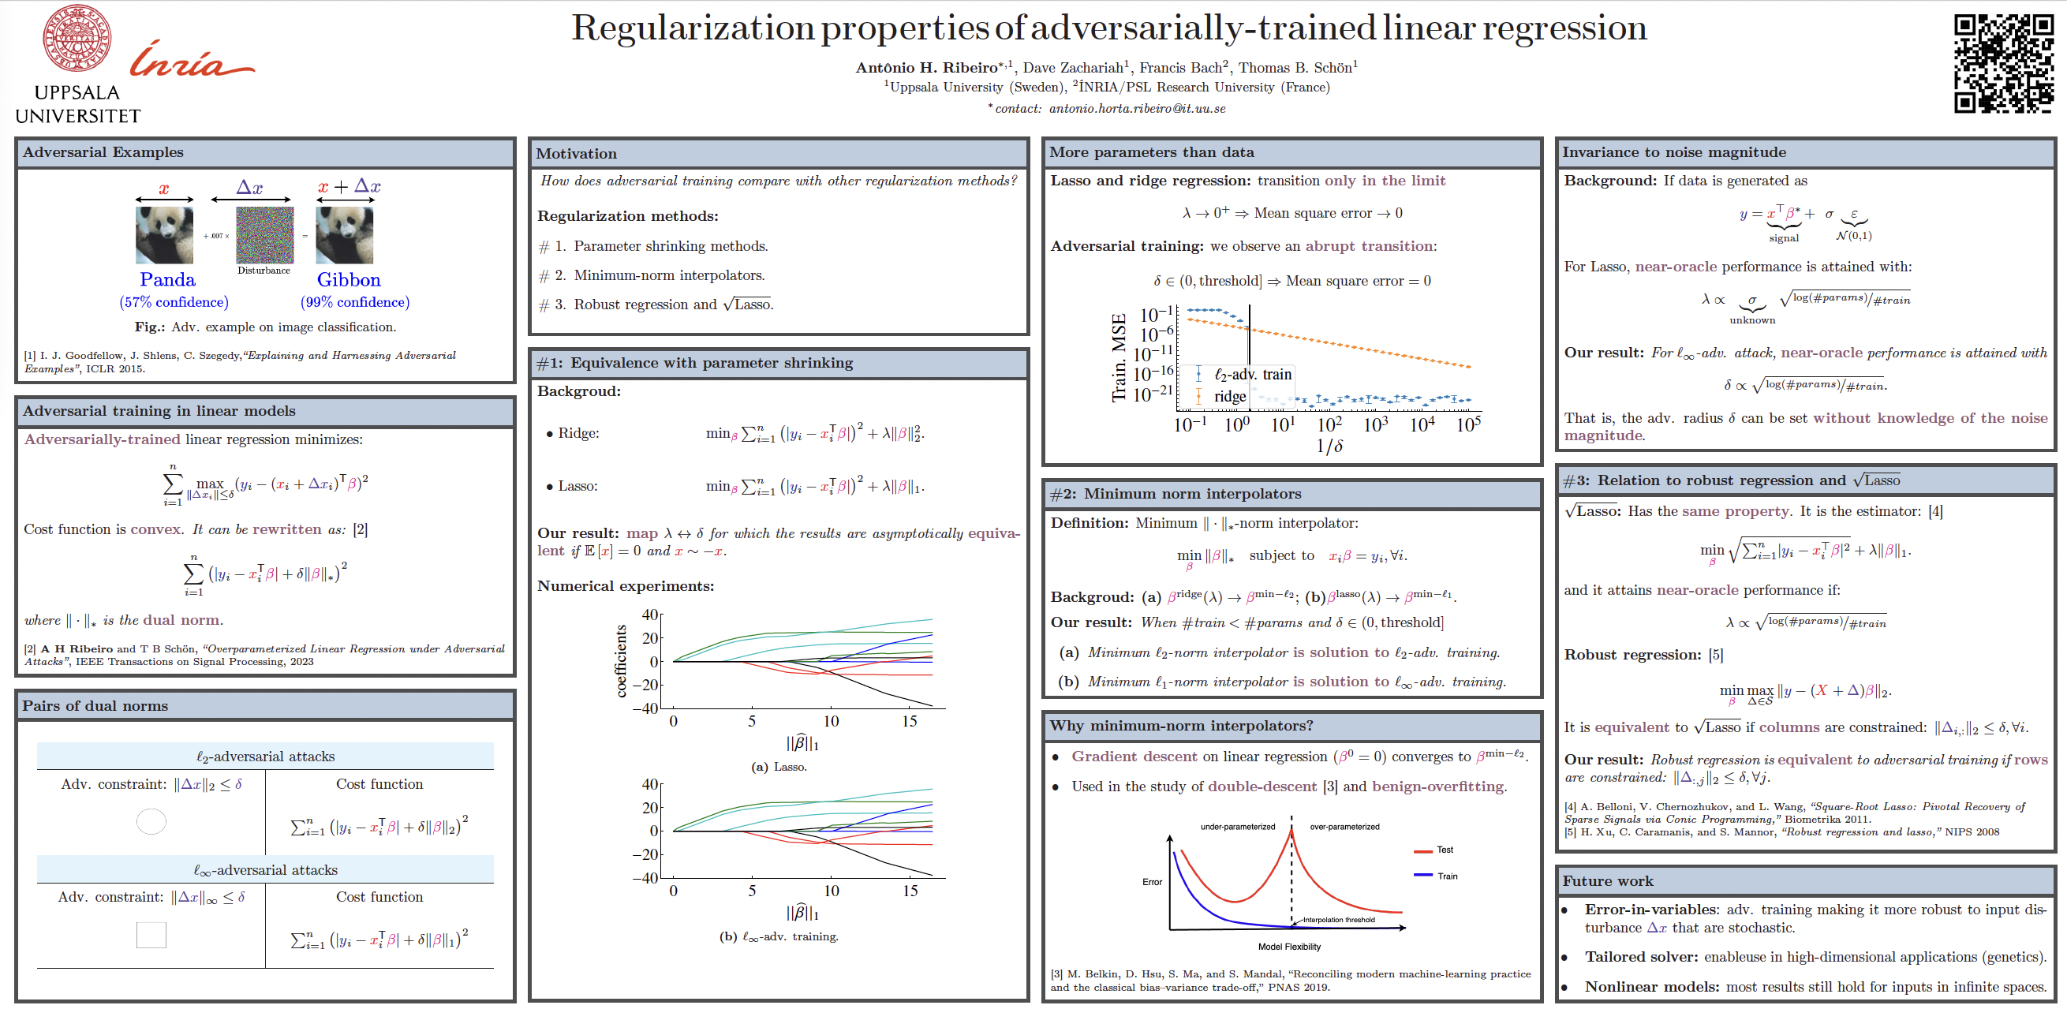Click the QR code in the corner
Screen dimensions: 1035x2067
click(x=2003, y=63)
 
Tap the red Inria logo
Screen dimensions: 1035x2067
click(x=191, y=60)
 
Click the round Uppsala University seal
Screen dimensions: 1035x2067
click(x=77, y=38)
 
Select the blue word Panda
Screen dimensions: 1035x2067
click(x=167, y=279)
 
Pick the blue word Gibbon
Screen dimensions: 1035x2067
click(x=348, y=279)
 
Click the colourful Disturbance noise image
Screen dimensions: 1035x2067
click(x=265, y=235)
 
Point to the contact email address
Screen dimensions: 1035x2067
click(x=1137, y=108)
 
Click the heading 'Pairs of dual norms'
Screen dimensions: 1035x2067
click(x=95, y=706)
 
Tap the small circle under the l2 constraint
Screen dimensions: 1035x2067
click(x=151, y=820)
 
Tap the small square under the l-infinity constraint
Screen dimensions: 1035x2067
click(x=151, y=935)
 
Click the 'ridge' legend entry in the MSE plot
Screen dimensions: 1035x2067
click(x=1229, y=396)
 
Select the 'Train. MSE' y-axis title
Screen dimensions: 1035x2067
click(x=1119, y=358)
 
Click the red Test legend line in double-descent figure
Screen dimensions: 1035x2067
click(x=1423, y=850)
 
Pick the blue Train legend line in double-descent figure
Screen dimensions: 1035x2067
click(x=1423, y=876)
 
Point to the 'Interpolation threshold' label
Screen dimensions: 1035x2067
click(x=1338, y=920)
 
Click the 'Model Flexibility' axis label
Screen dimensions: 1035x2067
click(x=1288, y=947)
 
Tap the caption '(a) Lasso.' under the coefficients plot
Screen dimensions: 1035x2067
click(x=779, y=767)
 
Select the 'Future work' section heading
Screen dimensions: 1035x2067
click(x=1607, y=881)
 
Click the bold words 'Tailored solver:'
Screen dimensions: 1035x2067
click(x=1641, y=957)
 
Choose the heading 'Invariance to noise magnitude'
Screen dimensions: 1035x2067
click(x=1674, y=152)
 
